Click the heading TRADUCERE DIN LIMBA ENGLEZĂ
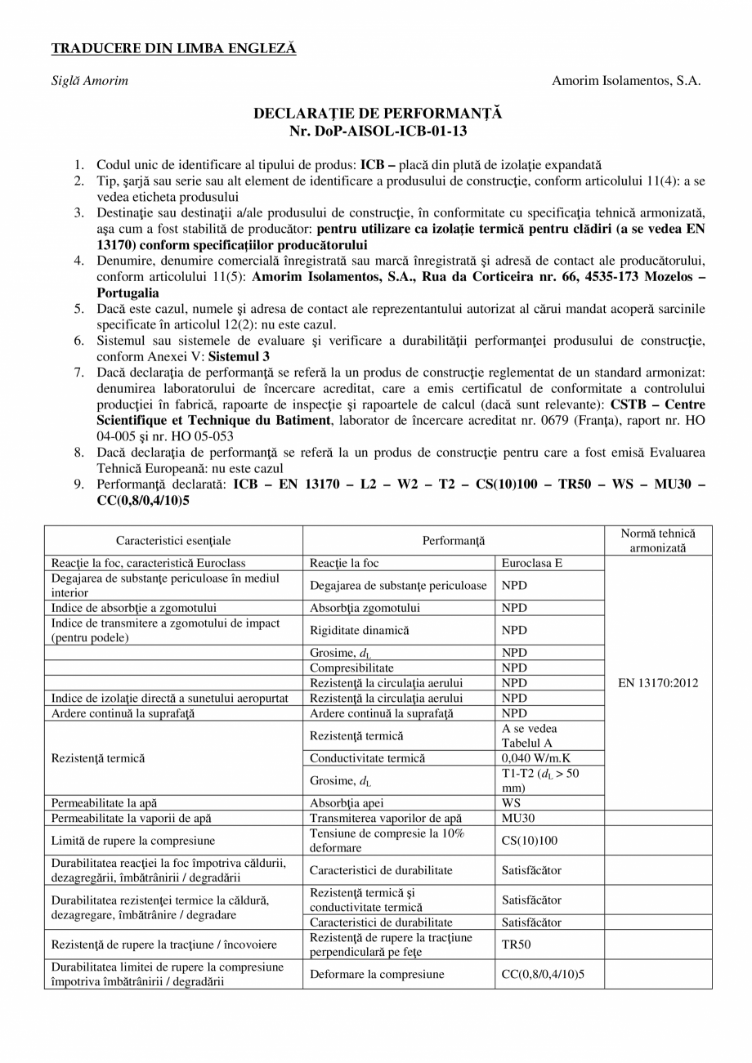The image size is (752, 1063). (173, 49)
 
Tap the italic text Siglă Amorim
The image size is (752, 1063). (90, 81)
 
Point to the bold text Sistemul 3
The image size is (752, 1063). (239, 357)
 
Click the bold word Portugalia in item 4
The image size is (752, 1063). (128, 293)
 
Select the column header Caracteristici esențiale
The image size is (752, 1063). (173, 541)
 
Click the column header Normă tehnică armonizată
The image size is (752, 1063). (658, 541)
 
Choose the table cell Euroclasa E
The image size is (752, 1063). (531, 563)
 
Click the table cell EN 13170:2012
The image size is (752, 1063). (658, 683)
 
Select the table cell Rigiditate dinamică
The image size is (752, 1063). (360, 630)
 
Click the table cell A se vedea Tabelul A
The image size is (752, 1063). (530, 735)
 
